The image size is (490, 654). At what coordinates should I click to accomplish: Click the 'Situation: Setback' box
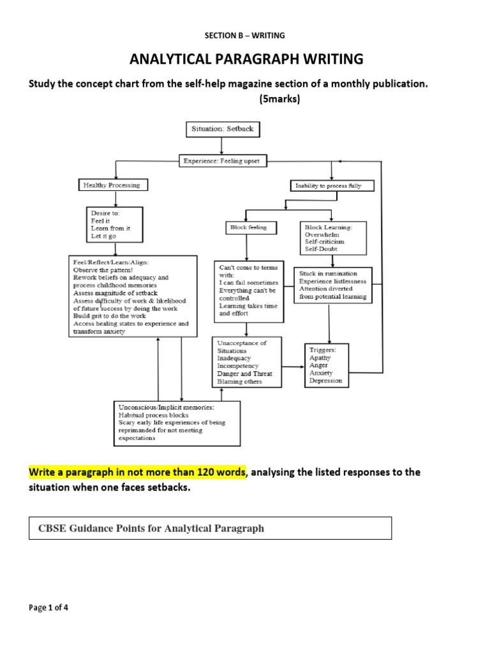[x=223, y=129]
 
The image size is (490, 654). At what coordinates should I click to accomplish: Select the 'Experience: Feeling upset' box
[x=221, y=161]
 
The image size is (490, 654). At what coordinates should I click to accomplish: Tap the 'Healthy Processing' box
[x=113, y=185]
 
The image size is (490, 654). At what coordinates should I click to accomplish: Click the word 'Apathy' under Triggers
[x=320, y=358]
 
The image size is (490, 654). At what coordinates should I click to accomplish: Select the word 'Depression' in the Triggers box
[x=325, y=381]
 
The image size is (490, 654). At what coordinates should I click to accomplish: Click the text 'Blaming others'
[x=240, y=381]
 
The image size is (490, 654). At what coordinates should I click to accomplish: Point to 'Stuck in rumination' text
[x=328, y=273]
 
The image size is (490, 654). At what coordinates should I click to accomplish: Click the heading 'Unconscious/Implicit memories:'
[x=165, y=407]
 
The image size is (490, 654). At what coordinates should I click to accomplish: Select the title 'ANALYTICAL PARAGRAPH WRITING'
[x=246, y=59]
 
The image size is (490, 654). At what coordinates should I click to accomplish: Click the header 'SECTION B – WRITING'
[x=245, y=35]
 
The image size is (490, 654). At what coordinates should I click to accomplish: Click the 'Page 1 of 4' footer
[x=49, y=607]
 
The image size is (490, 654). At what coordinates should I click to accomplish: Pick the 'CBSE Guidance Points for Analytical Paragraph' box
[x=211, y=528]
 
